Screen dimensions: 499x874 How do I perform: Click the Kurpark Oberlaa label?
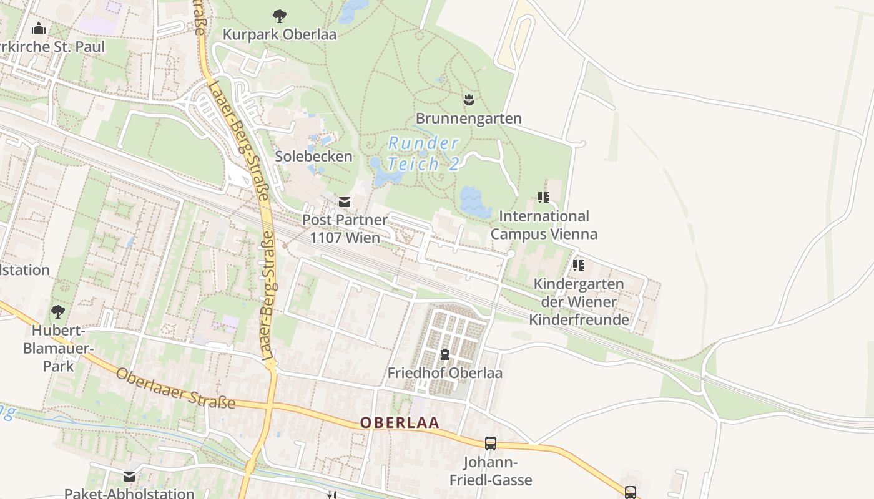click(x=280, y=34)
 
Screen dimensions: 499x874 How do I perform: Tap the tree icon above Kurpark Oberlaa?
click(x=280, y=16)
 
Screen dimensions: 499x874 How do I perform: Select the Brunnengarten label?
click(x=468, y=118)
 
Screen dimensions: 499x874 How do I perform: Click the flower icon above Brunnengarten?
click(x=469, y=99)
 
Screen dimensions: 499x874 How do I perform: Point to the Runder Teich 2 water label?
click(x=424, y=153)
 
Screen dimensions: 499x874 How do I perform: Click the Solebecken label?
click(x=314, y=156)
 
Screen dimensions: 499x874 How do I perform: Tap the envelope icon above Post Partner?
click(x=344, y=201)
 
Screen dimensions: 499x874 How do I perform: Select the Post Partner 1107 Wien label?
click(x=345, y=228)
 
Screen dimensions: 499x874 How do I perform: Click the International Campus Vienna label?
click(x=544, y=225)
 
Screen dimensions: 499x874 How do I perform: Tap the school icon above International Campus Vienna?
click(x=544, y=198)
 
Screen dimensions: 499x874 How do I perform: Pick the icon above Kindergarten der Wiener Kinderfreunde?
click(x=579, y=266)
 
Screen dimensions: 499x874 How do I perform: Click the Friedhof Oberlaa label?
click(x=444, y=373)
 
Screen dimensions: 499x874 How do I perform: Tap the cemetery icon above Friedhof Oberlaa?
click(x=444, y=354)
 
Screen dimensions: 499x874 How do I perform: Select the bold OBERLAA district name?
click(x=400, y=422)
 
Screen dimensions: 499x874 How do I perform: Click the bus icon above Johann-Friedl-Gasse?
click(x=491, y=443)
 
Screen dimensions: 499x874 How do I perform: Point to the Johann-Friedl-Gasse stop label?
click(x=491, y=471)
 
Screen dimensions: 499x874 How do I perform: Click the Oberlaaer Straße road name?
click(x=176, y=388)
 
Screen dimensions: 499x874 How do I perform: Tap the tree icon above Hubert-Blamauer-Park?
click(x=58, y=311)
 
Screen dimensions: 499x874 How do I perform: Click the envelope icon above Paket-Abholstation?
click(x=129, y=477)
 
